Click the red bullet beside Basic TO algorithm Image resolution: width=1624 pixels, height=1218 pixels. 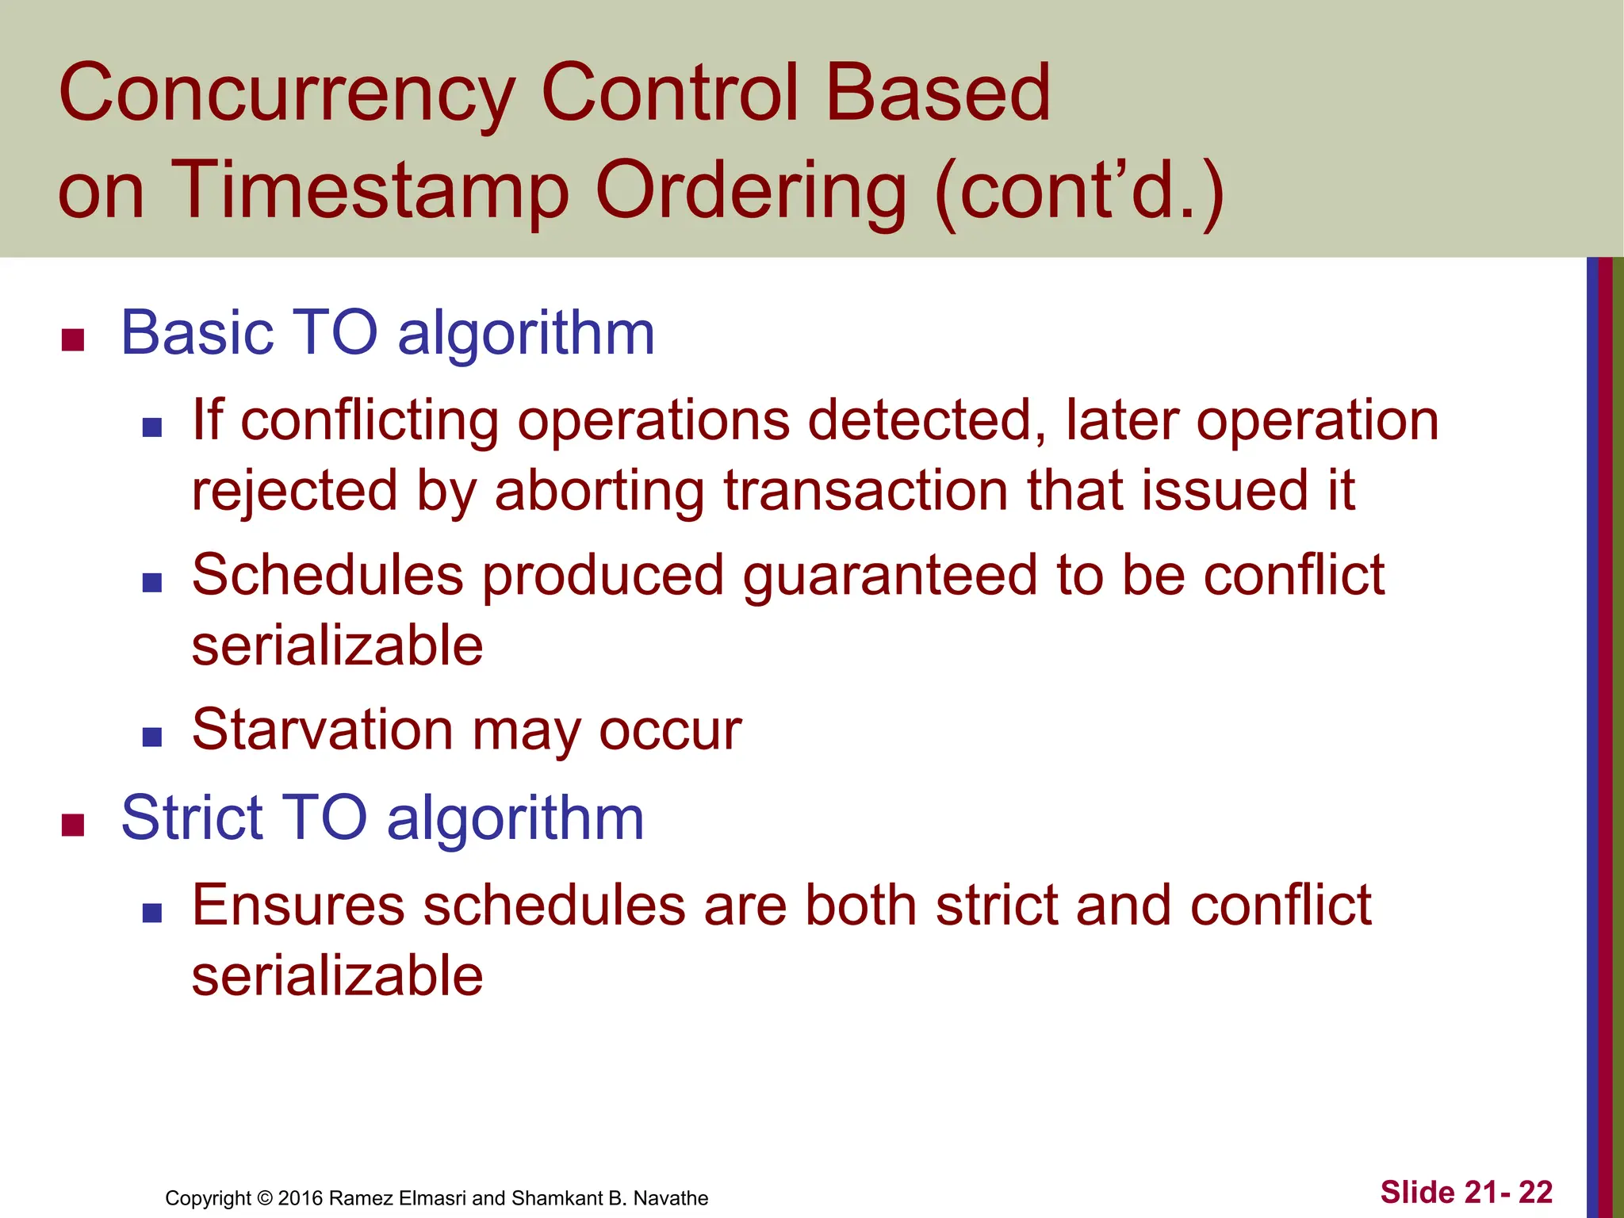(73, 339)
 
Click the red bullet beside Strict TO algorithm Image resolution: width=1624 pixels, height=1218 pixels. (73, 825)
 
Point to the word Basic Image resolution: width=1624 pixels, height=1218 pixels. (197, 333)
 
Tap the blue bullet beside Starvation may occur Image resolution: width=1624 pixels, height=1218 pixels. (151, 738)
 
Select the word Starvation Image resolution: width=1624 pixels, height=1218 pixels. (322, 730)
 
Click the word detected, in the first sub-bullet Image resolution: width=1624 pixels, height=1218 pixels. (926, 420)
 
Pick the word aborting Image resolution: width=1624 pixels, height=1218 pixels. (599, 491)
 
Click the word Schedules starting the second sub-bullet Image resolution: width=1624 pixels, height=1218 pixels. (327, 576)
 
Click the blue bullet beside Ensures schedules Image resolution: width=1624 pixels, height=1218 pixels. (151, 913)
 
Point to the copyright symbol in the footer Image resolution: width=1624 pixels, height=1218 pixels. (266, 1198)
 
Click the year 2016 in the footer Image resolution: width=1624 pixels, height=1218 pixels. (301, 1198)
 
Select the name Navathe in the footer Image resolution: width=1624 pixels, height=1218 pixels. (671, 1198)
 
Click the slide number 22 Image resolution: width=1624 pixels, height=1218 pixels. (1535, 1193)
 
